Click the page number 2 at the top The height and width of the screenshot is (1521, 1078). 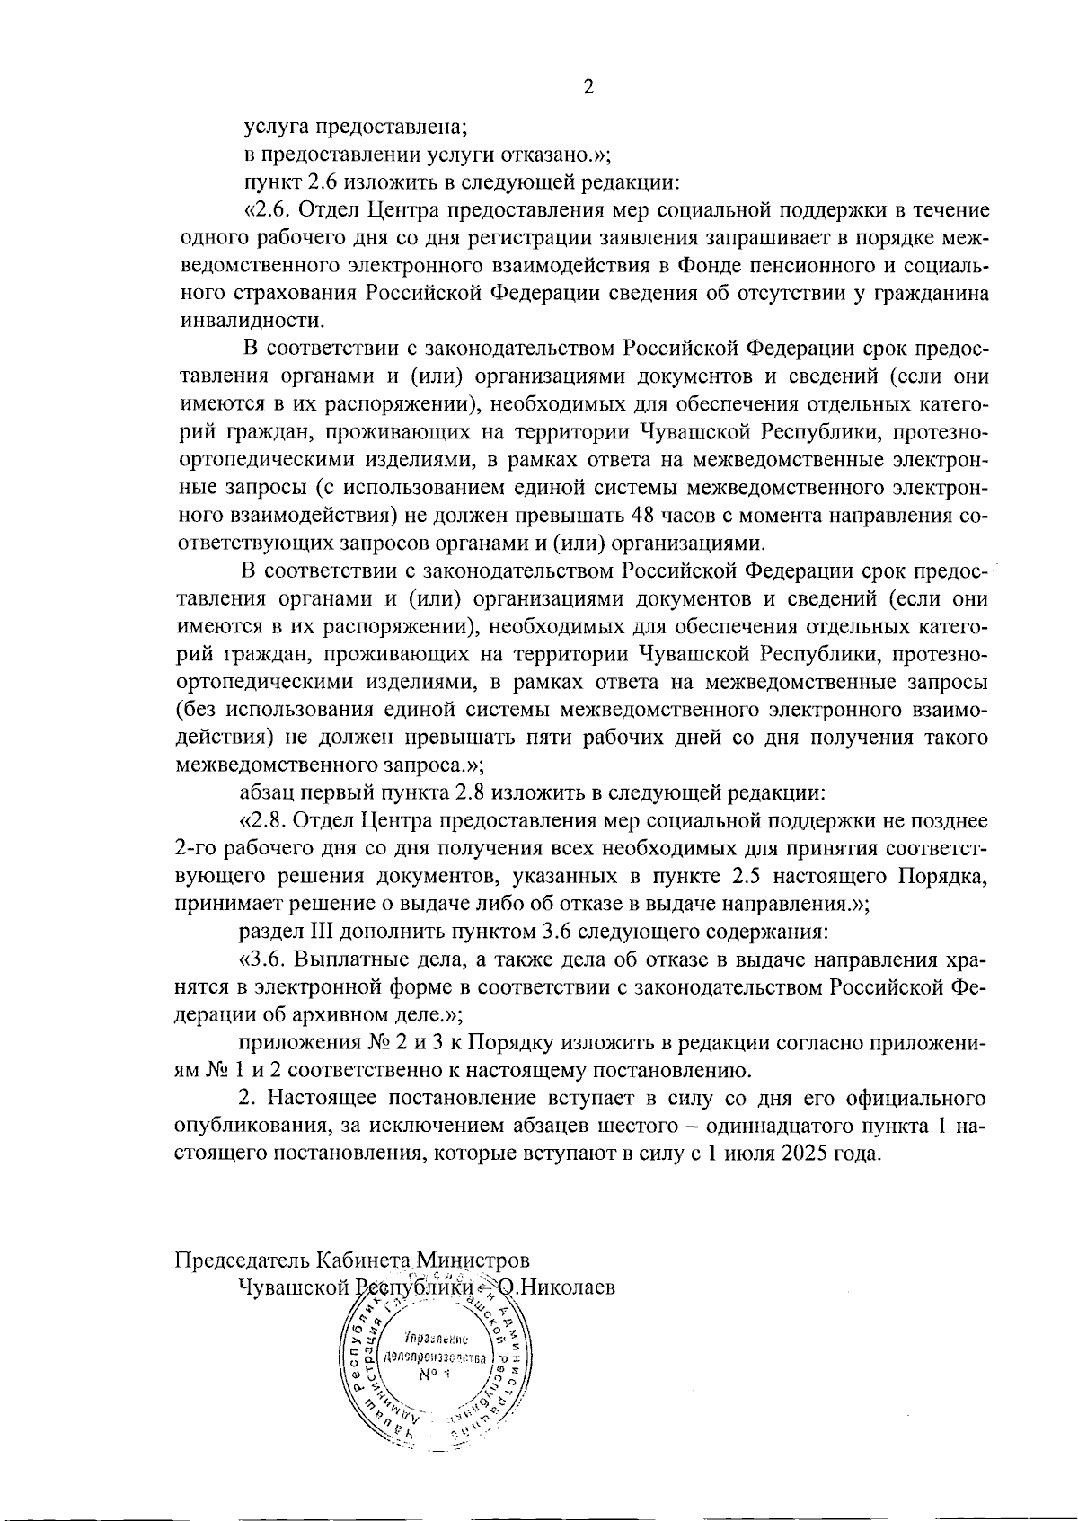click(x=588, y=87)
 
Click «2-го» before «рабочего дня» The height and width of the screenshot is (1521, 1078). click(x=194, y=848)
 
